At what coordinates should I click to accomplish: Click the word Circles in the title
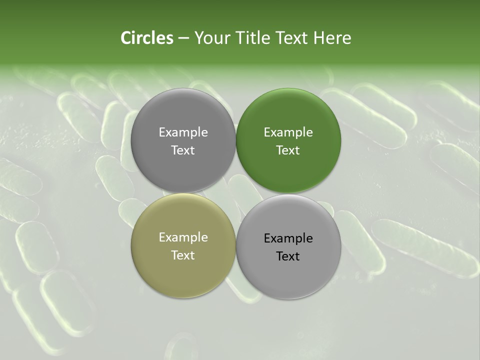(146, 38)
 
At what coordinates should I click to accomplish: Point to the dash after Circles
(183, 38)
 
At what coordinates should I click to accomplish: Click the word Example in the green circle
(288, 132)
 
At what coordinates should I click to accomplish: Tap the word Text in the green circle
(288, 150)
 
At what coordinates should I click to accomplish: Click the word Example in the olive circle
(183, 237)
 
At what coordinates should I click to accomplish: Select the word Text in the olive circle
(183, 255)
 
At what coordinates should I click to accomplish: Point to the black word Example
(288, 238)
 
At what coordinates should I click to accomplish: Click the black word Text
(288, 256)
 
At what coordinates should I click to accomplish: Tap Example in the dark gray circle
(183, 132)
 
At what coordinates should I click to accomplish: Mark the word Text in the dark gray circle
(183, 150)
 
